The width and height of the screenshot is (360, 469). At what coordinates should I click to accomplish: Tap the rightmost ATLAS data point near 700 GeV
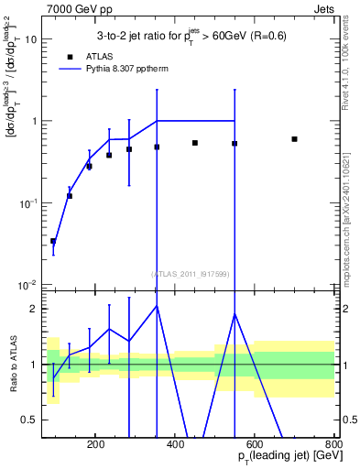pyautogui.click(x=294, y=139)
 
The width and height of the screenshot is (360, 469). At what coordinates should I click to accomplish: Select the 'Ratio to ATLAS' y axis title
pyautogui.click(x=11, y=364)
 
